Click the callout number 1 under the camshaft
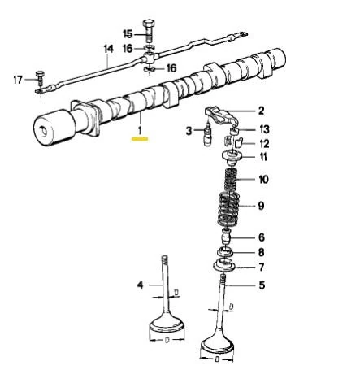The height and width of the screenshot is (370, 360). pyautogui.click(x=140, y=128)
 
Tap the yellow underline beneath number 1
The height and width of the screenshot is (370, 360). pyautogui.click(x=140, y=138)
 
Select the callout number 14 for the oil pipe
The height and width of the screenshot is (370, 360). pyautogui.click(x=109, y=49)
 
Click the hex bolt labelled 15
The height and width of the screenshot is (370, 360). pyautogui.click(x=148, y=28)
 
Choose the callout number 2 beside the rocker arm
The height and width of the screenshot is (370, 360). pyautogui.click(x=261, y=111)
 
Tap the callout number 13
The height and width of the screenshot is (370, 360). pyautogui.click(x=262, y=129)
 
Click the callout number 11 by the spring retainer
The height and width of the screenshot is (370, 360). pyautogui.click(x=262, y=156)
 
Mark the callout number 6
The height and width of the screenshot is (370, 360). pyautogui.click(x=261, y=237)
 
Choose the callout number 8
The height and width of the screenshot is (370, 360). pyautogui.click(x=261, y=252)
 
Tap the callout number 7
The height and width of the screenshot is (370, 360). pyautogui.click(x=261, y=267)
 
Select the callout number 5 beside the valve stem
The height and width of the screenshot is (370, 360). pyautogui.click(x=261, y=285)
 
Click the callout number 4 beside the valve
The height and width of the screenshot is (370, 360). pyautogui.click(x=139, y=284)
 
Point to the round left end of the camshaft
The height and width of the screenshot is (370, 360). pyautogui.click(x=47, y=129)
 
